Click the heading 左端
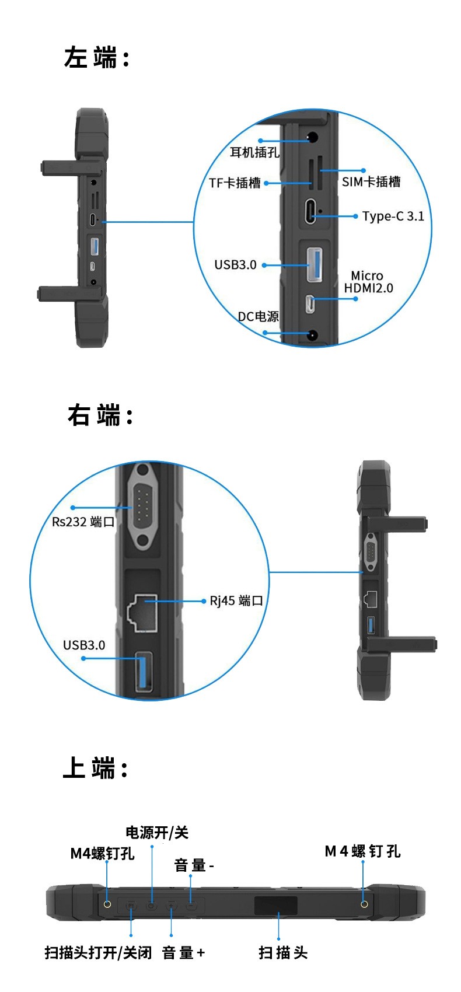coord(96,58)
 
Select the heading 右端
coord(100,415)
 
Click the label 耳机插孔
coord(254,152)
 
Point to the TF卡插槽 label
coord(235,183)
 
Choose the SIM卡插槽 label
coord(371,182)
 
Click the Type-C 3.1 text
coord(393,216)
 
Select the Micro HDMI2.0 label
coord(368,282)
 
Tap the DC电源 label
coord(258,316)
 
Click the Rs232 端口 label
coord(83,522)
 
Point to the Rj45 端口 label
coord(236,600)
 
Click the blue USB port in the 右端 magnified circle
coord(144,671)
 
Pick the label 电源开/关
coord(157,833)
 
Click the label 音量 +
coord(183,953)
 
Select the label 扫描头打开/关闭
coord(98,953)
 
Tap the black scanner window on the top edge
coord(275,906)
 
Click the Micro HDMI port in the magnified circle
coord(311,304)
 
